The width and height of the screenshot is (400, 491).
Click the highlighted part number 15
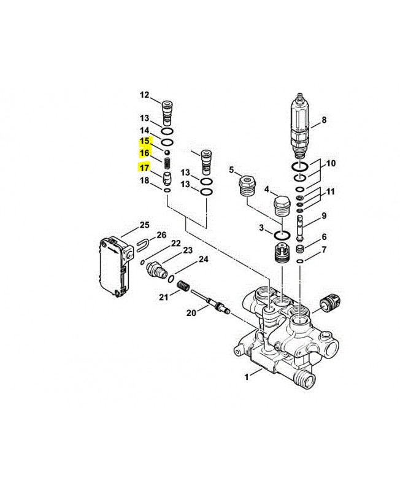144,141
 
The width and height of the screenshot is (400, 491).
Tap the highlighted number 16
144,153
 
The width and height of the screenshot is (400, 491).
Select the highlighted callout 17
144,168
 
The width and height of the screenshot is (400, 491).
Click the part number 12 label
145,95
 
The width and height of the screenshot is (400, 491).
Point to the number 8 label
324,120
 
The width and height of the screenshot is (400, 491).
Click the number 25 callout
144,225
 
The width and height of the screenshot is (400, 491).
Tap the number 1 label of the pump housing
247,377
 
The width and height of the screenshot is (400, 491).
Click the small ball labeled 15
167,152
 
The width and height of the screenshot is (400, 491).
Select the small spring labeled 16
167,163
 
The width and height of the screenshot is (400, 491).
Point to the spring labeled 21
183,286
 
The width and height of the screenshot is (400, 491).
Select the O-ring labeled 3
282,234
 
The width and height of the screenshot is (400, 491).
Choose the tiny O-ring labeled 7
300,261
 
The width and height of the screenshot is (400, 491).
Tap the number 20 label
191,312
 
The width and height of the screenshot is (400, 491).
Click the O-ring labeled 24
172,278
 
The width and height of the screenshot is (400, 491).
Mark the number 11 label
331,191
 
